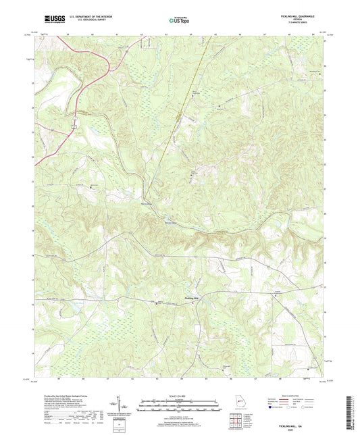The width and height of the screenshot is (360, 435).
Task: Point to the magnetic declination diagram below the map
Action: tap(120, 405)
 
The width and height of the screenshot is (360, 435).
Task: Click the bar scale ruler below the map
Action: tap(180, 407)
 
